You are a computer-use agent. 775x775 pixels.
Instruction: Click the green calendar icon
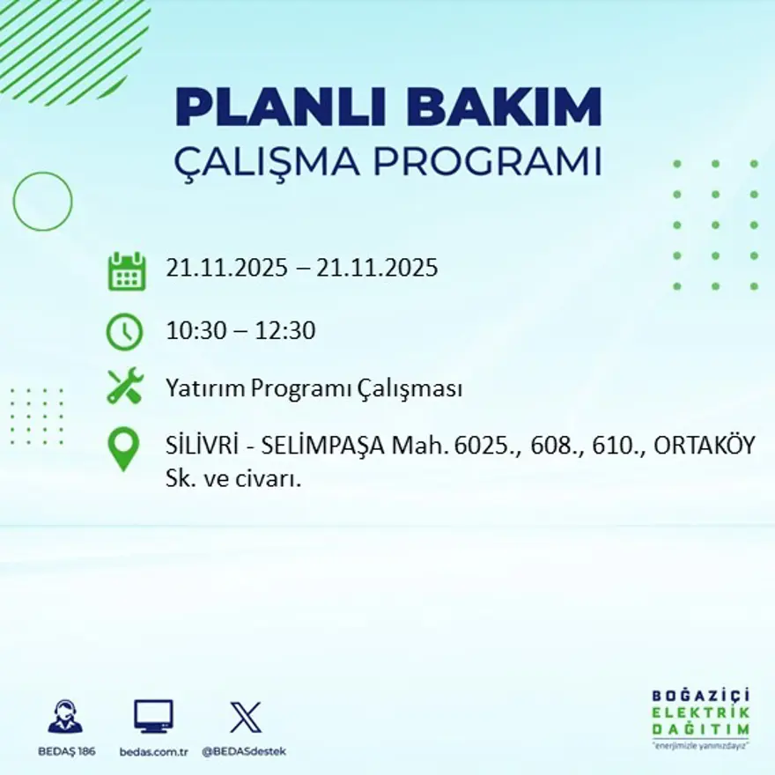pyautogui.click(x=126, y=270)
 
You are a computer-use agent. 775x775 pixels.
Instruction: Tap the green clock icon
pyautogui.click(x=124, y=332)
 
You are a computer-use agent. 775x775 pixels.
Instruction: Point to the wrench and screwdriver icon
pyautogui.click(x=124, y=388)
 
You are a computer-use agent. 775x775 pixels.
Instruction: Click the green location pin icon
pyautogui.click(x=123, y=447)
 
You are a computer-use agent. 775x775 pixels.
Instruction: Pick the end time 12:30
pyautogui.click(x=285, y=332)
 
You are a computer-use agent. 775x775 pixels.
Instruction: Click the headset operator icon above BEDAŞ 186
pyautogui.click(x=65, y=717)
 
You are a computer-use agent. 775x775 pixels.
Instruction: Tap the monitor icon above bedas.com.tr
pyautogui.click(x=153, y=717)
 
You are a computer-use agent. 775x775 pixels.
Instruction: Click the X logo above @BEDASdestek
pyautogui.click(x=245, y=717)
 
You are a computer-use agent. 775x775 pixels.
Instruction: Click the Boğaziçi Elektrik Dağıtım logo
pyautogui.click(x=700, y=718)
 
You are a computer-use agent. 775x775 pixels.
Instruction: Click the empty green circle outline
pyautogui.click(x=42, y=202)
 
